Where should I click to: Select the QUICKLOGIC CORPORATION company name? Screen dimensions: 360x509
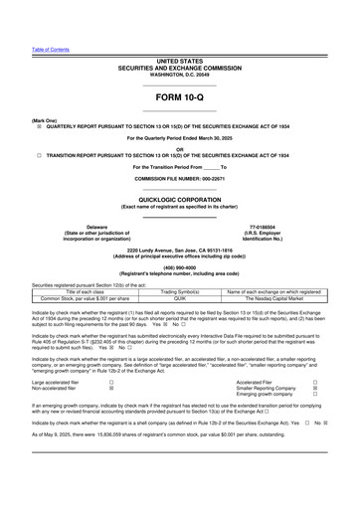(179, 198)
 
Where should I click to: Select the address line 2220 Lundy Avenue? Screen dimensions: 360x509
(179, 250)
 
